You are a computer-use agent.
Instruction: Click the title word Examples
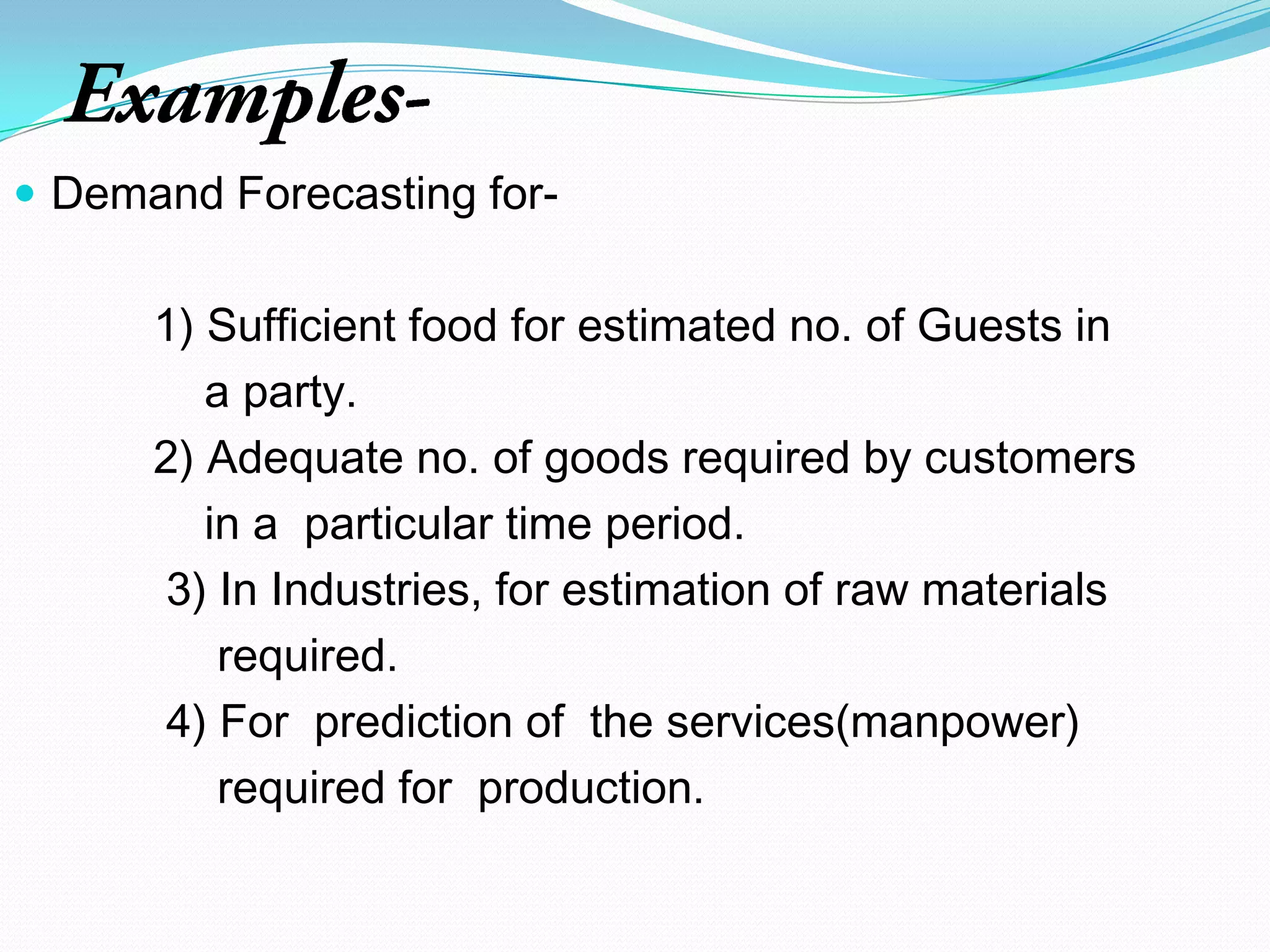pos(248,99)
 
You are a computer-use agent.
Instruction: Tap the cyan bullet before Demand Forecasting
pos(25,195)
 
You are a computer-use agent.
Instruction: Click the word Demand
pos(137,193)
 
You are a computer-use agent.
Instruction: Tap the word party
pos(299,394)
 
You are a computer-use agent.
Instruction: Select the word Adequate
pos(305,459)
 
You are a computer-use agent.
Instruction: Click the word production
pos(590,789)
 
